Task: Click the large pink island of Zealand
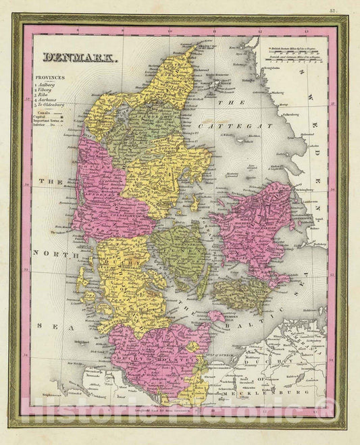253,223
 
